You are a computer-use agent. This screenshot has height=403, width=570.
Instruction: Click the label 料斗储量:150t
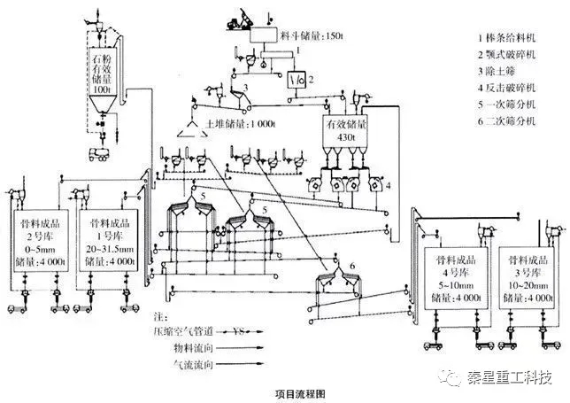(x=310, y=35)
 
